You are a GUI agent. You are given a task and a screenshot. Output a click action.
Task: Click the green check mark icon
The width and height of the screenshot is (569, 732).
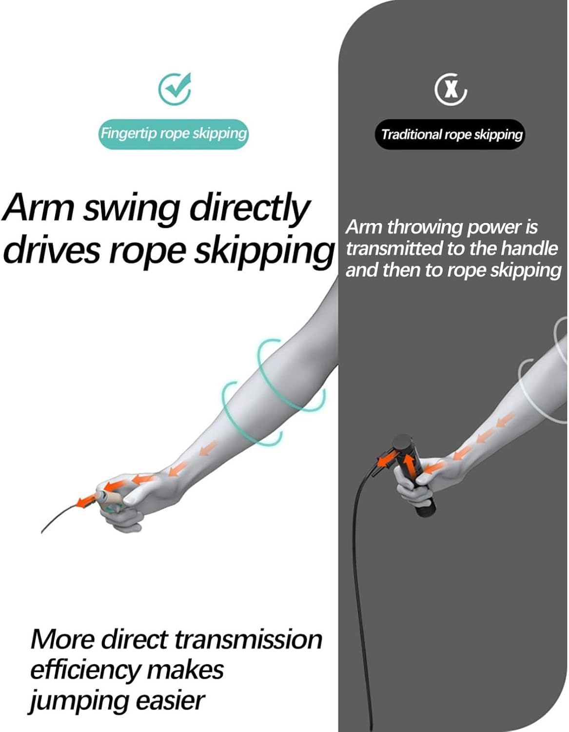pyautogui.click(x=175, y=88)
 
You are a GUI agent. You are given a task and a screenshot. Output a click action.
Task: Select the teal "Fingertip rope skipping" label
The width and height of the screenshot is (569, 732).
pyautogui.click(x=173, y=134)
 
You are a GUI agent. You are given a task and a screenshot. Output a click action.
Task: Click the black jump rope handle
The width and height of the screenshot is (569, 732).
pyautogui.click(x=414, y=475)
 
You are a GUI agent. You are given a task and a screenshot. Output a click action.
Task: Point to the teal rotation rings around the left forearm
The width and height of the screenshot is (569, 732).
pyautogui.click(x=273, y=392)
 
